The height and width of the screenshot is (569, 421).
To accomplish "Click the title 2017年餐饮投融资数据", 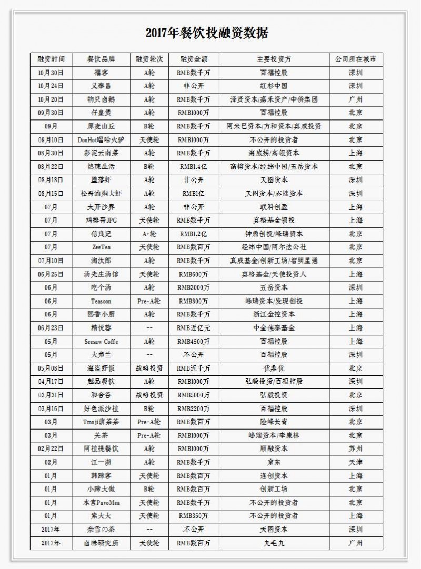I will click(207, 34).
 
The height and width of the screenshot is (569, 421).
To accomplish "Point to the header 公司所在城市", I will click(355, 59).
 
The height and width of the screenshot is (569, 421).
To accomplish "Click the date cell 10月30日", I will click(51, 73).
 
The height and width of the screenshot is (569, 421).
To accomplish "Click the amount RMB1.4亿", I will click(193, 166).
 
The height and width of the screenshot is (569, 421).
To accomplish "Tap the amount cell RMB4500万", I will click(193, 341).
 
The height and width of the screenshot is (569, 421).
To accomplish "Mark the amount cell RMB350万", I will click(193, 516).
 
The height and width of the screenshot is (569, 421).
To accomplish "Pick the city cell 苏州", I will click(355, 448).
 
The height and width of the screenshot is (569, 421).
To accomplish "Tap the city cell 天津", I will click(355, 462).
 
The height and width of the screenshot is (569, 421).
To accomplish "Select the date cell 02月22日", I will click(51, 448).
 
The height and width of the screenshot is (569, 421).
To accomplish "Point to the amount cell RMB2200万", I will click(193, 408).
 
